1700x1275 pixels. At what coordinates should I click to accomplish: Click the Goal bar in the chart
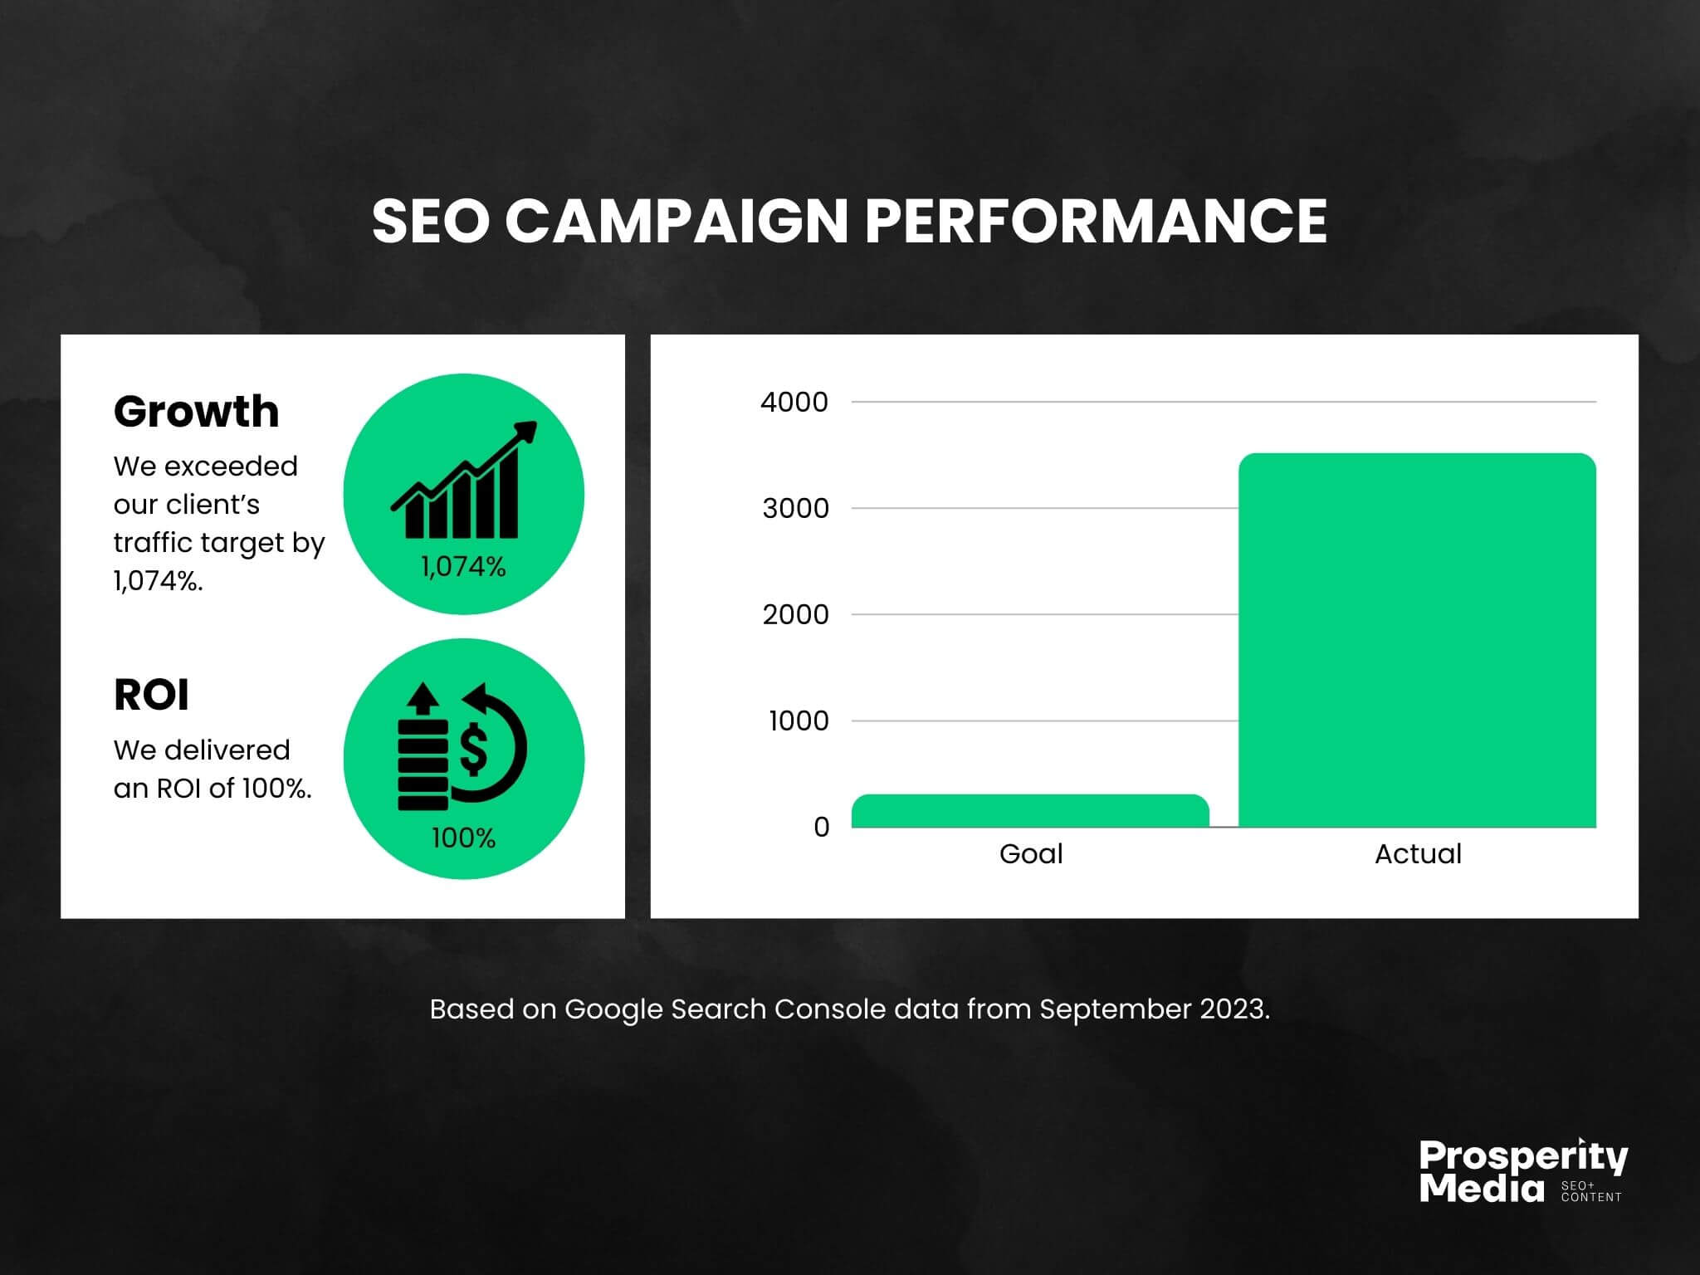1030,811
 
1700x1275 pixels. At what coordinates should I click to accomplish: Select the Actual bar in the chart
1417,640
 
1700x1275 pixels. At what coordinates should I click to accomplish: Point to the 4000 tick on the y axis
794,402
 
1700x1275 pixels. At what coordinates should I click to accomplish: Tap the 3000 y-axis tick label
795,508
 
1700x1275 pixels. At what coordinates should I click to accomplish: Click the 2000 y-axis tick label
795,614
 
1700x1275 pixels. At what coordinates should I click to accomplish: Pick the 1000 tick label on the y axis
799,721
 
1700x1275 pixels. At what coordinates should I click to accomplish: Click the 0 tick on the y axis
821,827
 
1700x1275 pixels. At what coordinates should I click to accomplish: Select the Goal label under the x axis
1031,853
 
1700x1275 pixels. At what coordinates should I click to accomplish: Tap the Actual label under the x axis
1418,853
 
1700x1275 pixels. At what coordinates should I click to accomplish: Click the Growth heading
196,411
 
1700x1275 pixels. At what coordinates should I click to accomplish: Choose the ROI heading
151,695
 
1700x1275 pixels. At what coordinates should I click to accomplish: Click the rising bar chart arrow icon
464,480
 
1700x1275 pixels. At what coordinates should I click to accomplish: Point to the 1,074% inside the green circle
463,567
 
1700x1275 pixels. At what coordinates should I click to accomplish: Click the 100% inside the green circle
463,838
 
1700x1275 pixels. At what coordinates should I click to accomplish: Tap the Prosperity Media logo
1523,1170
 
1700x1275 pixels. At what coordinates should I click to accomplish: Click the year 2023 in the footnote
1237,1009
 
